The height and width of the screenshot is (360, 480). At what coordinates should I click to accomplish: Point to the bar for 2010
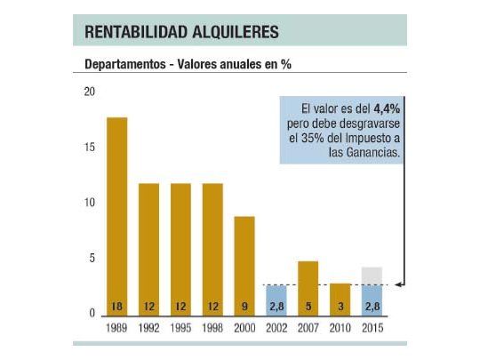[340, 293]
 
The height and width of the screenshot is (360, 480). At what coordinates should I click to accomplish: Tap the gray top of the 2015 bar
[372, 276]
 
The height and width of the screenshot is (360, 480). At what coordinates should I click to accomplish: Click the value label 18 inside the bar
[116, 307]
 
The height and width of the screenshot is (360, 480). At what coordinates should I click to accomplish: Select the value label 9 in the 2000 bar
[244, 307]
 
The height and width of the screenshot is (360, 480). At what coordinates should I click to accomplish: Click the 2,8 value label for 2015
[372, 307]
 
